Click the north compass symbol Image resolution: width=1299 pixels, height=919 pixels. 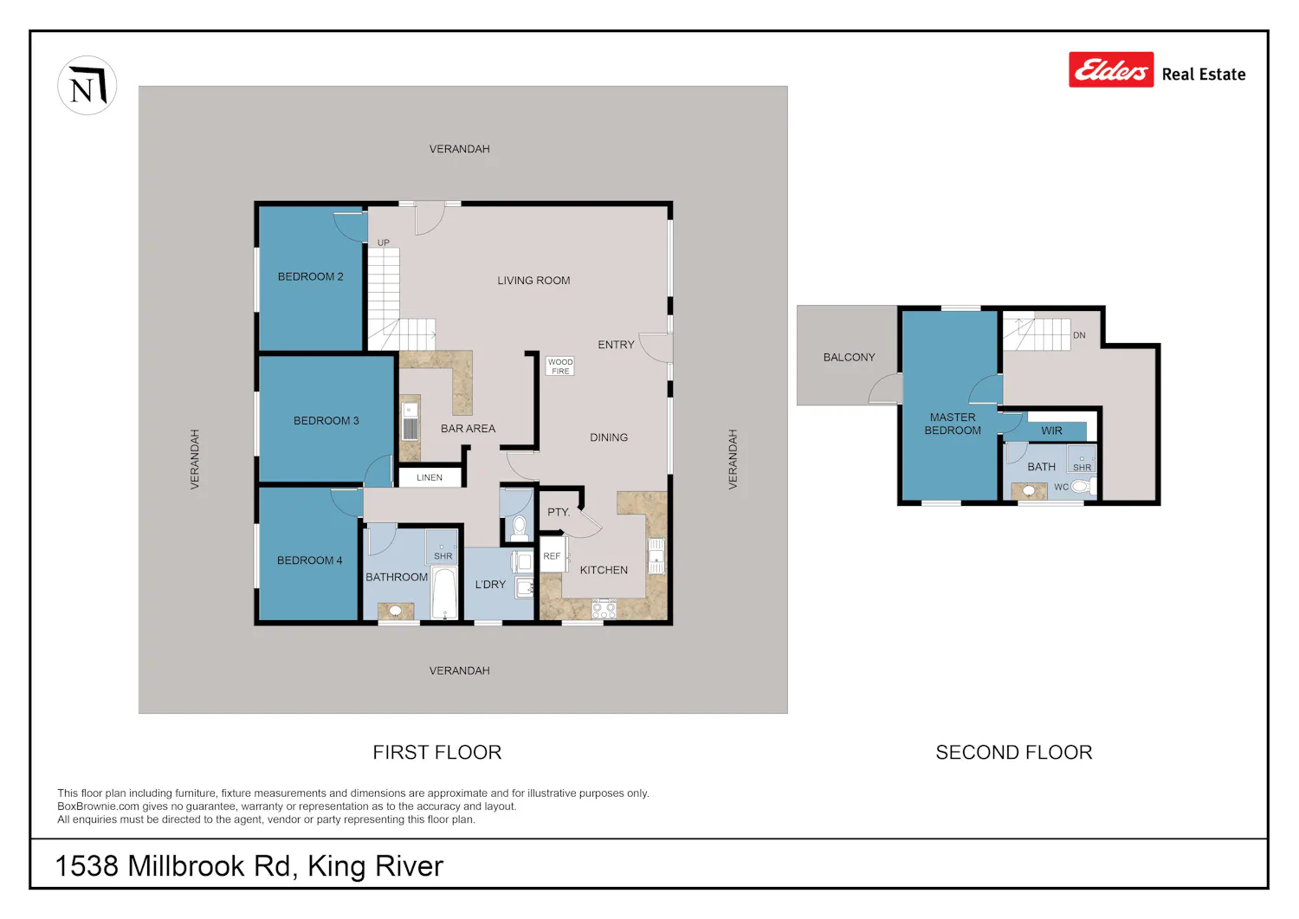(x=87, y=85)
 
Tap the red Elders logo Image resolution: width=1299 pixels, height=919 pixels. (x=1110, y=69)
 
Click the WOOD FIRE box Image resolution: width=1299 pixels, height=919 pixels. (x=560, y=366)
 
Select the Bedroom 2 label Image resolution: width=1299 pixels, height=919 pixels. (x=310, y=277)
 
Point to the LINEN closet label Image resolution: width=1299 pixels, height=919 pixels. (x=430, y=477)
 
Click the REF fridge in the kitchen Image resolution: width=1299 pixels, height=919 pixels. (x=553, y=555)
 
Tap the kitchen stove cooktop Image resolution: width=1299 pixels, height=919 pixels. (x=603, y=609)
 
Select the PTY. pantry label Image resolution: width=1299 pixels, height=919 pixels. (x=559, y=512)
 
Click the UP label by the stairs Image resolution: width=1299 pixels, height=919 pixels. (x=384, y=243)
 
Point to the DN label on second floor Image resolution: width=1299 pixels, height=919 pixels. (x=1079, y=335)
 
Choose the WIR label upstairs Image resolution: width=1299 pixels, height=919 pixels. (x=1051, y=431)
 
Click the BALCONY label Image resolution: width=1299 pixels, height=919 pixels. (x=849, y=358)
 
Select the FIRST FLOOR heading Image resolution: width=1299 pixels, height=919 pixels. (x=436, y=753)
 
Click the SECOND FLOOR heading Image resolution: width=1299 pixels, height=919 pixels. (x=1014, y=753)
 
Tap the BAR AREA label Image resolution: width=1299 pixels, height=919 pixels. (x=468, y=429)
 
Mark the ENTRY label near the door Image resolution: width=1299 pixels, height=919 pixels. (x=616, y=345)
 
